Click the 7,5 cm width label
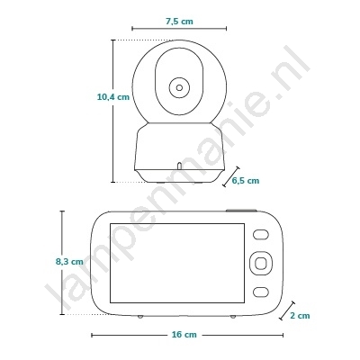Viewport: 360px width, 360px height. click(x=179, y=22)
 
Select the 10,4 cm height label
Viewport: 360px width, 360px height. click(x=113, y=97)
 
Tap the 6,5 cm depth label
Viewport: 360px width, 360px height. click(x=246, y=181)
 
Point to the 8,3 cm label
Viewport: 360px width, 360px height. click(x=69, y=262)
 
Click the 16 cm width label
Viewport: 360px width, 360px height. click(x=184, y=334)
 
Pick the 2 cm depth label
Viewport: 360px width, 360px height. click(x=300, y=316)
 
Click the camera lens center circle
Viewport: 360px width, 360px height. click(x=179, y=87)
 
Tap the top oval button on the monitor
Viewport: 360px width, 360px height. click(x=260, y=235)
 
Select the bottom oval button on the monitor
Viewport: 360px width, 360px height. click(x=260, y=292)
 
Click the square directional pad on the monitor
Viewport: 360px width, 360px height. click(x=260, y=263)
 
